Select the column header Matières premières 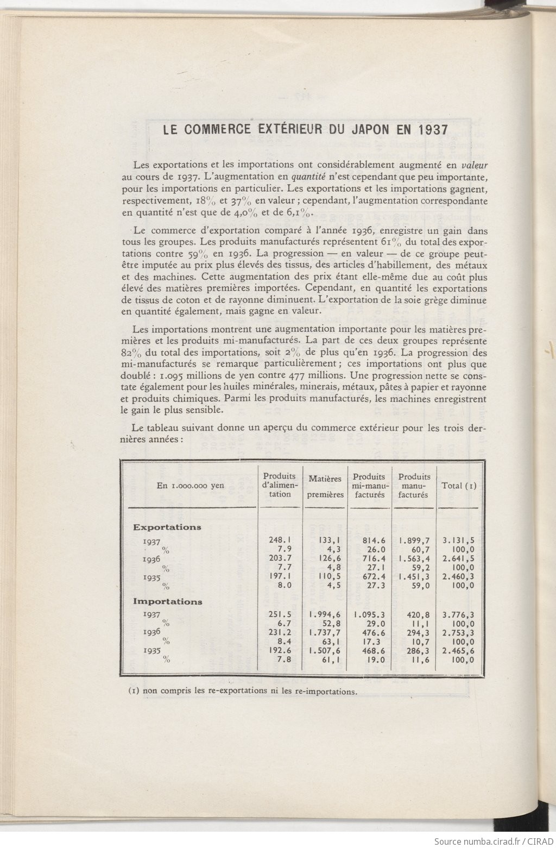[325, 486]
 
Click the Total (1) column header [459, 486]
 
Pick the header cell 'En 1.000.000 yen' [190, 486]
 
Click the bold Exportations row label [167, 527]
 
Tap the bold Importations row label [168, 601]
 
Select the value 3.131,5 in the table [458, 541]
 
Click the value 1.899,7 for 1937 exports [414, 541]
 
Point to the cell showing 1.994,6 [325, 615]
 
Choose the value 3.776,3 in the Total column [458, 615]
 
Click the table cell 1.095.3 [369, 615]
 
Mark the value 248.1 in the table [280, 540]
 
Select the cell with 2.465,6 [458, 651]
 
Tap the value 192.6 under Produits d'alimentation [280, 651]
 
